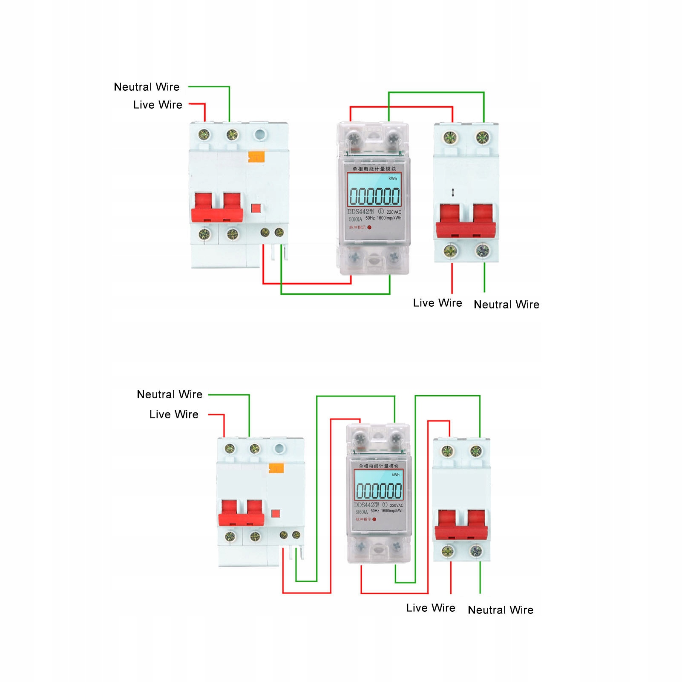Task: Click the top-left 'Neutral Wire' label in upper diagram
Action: coord(147,87)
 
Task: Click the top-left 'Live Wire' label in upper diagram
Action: coord(158,105)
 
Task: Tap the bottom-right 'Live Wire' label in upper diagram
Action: coord(437,303)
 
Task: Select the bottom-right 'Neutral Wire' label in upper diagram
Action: coord(506,305)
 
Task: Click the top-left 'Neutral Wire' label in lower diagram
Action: coord(170,394)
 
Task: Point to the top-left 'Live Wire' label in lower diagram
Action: coord(174,414)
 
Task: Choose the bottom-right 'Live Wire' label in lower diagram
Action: coord(431,608)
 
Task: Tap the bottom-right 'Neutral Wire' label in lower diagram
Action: coord(501,610)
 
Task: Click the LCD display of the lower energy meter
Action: coord(378,490)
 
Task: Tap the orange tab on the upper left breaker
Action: coord(256,157)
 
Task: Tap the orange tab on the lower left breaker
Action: coord(276,469)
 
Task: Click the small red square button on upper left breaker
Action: coord(256,208)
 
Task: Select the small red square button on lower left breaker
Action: coord(276,513)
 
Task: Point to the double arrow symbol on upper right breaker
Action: coord(453,193)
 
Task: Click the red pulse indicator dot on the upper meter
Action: coord(369,227)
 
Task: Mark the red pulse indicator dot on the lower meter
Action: coord(374,519)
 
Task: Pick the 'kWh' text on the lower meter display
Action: coord(396,475)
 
